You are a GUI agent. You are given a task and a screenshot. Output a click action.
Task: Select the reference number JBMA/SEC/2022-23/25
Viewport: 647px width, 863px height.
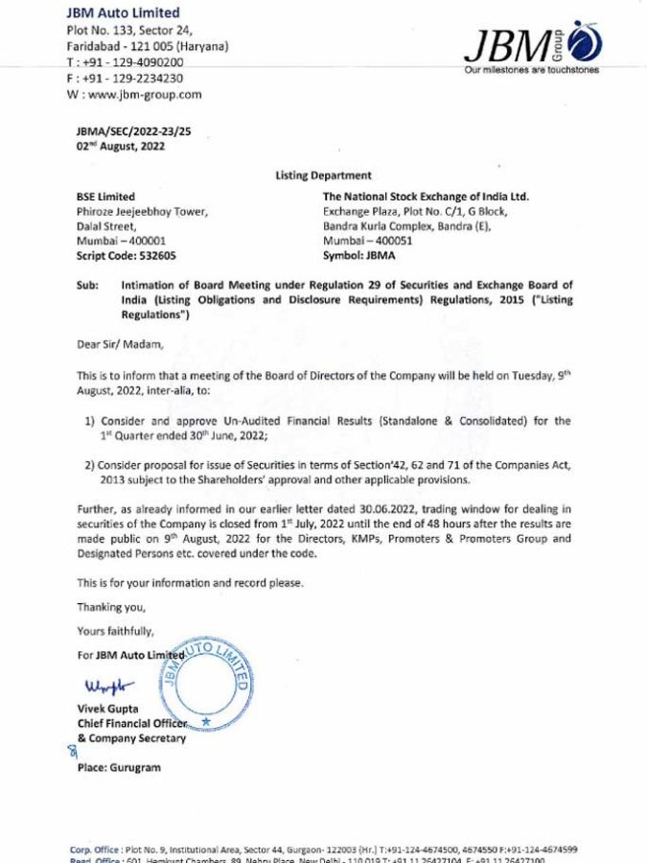(x=133, y=131)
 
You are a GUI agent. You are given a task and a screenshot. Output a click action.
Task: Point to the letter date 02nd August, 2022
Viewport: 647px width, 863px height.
(x=120, y=147)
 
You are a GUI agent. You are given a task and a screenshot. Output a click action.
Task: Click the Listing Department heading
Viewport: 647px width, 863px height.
(x=323, y=176)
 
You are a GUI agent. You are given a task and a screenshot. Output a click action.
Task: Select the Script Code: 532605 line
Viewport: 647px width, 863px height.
(x=126, y=256)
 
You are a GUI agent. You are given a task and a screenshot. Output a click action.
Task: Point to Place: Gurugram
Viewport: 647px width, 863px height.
(x=119, y=767)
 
